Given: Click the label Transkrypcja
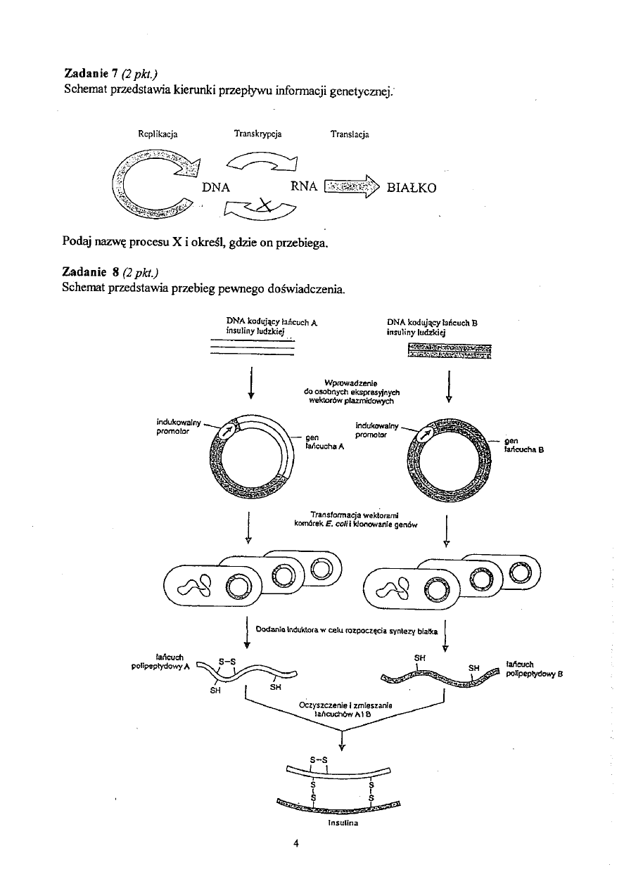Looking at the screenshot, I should (x=257, y=133).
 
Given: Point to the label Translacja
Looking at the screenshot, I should (x=350, y=134).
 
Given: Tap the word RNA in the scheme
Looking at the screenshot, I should (x=305, y=188).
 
